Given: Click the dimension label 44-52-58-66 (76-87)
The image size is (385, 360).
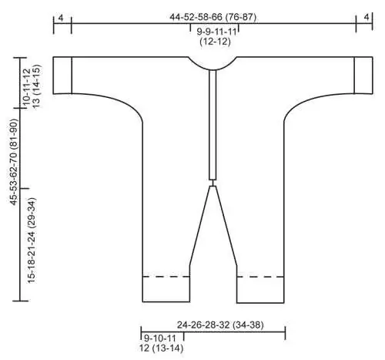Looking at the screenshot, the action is (213, 17).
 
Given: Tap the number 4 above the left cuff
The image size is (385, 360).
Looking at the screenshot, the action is (61, 18).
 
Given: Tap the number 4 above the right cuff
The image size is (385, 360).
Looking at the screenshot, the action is (367, 17).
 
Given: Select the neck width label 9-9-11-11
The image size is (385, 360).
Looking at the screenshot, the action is (216, 32).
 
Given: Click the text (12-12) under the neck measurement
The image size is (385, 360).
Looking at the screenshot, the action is (215, 42).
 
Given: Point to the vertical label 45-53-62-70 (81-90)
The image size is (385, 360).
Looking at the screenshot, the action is (14, 162).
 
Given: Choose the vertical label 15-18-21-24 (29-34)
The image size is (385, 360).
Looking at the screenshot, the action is (32, 241).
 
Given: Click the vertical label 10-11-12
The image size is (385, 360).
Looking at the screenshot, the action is (27, 86).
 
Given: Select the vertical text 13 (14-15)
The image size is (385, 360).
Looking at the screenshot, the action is (36, 86).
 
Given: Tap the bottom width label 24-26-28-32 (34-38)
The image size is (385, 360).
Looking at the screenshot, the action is (220, 325).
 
